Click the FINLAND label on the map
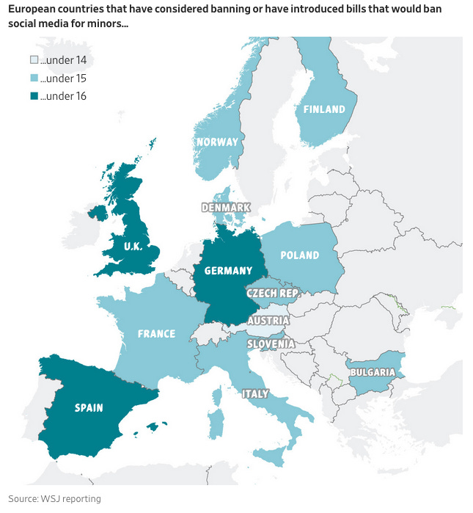coord(323,109)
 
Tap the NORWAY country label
coord(216,142)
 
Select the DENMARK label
coord(226,208)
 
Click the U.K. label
coord(133,246)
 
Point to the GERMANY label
coord(228,271)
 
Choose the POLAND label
coord(300,255)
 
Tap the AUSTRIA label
coord(268,321)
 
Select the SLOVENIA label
coord(271,343)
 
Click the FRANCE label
coord(156,334)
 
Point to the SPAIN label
coord(88,407)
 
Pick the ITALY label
coord(254,394)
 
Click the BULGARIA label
coord(373,372)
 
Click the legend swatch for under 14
coord(34,59)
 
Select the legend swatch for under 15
coord(34,78)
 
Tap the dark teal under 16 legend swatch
coord(34,96)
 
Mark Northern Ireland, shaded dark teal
coord(96,213)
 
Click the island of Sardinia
coord(215,423)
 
